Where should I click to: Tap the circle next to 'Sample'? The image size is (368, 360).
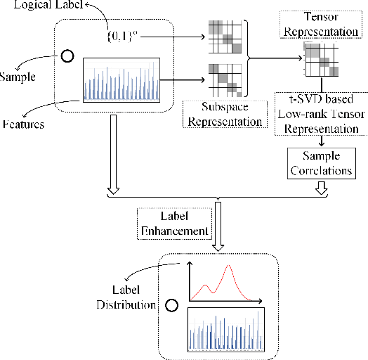click(x=67, y=56)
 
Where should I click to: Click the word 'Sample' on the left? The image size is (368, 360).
click(x=18, y=72)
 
